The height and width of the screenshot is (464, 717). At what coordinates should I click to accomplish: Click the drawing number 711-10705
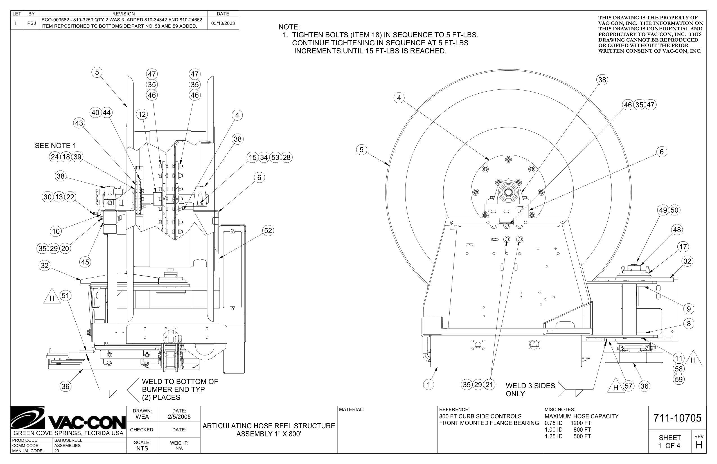click(x=677, y=418)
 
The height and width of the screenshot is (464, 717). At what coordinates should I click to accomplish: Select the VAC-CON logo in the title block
click(x=68, y=419)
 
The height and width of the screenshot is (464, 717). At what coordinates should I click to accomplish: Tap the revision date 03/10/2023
click(x=223, y=23)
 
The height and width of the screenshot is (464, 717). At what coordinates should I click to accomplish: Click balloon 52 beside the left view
click(x=267, y=231)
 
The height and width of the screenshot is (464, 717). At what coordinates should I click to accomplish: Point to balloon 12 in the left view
click(x=142, y=114)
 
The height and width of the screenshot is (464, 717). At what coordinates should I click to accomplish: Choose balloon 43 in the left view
click(x=79, y=123)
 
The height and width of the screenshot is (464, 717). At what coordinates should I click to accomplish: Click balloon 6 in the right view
click(x=661, y=152)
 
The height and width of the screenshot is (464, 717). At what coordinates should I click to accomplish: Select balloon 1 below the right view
click(x=429, y=384)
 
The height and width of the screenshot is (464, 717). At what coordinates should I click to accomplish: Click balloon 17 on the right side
click(x=683, y=247)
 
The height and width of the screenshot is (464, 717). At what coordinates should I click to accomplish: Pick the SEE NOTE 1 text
click(x=55, y=146)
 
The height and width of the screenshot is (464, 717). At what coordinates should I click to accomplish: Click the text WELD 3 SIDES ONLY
click(x=530, y=389)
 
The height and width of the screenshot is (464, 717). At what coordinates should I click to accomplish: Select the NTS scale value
click(x=142, y=448)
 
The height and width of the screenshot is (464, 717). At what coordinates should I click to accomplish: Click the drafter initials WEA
click(x=142, y=417)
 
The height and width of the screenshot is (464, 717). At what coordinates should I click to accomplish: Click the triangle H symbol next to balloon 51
click(x=52, y=298)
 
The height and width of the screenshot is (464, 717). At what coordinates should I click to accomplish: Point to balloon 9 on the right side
click(x=689, y=309)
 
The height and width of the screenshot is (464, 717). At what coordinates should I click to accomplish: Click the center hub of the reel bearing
click(x=508, y=192)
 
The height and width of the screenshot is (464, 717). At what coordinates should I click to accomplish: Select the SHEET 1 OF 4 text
click(x=669, y=442)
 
